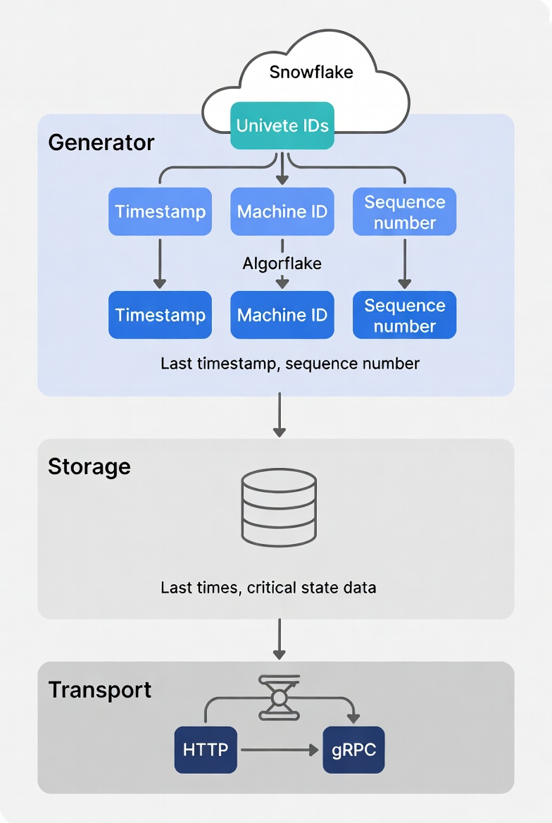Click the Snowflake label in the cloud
pyautogui.click(x=311, y=72)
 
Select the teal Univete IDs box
pyautogui.click(x=282, y=126)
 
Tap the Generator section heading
pyautogui.click(x=101, y=143)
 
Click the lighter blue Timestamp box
pyautogui.click(x=160, y=211)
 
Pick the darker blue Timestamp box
pyautogui.click(x=160, y=315)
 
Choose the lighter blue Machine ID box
pyautogui.click(x=282, y=211)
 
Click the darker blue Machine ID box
pyautogui.click(x=282, y=315)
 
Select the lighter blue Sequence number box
pyautogui.click(x=404, y=212)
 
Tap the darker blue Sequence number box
pyautogui.click(x=404, y=316)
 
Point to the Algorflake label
pyautogui.click(x=282, y=264)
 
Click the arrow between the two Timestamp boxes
pyautogui.click(x=160, y=263)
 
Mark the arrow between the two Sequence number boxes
pyautogui.click(x=404, y=263)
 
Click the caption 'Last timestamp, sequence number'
pyautogui.click(x=290, y=364)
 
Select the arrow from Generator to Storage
pyautogui.click(x=280, y=416)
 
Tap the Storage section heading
pyautogui.click(x=89, y=466)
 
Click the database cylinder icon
pyautogui.click(x=279, y=508)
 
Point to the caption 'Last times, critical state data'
pyautogui.click(x=268, y=588)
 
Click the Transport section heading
pyautogui.click(x=100, y=690)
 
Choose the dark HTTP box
pyautogui.click(x=206, y=750)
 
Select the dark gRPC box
pyautogui.click(x=353, y=750)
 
